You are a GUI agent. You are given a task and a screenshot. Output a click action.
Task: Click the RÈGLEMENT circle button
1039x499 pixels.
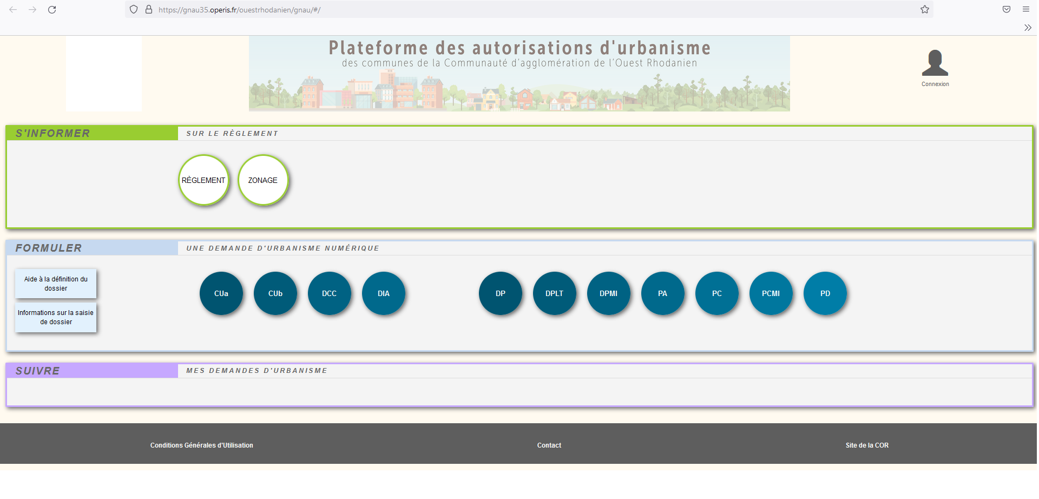(203, 180)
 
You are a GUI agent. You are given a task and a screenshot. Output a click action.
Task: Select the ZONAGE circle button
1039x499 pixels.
(263, 180)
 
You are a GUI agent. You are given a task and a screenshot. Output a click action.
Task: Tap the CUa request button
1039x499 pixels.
(221, 293)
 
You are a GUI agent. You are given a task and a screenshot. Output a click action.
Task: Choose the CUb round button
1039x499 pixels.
(275, 293)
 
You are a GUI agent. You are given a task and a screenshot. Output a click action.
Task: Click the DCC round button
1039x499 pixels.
(330, 293)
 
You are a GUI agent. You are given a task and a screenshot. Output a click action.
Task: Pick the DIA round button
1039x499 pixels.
(384, 293)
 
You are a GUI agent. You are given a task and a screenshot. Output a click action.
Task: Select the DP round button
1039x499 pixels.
(501, 293)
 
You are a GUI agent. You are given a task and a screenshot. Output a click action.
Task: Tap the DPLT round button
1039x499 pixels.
(555, 293)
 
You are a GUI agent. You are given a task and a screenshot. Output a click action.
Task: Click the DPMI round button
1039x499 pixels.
(609, 293)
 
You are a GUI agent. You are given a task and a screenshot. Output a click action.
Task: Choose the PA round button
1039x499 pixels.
(663, 293)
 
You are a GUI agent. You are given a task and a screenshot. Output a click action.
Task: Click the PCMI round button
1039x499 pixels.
(771, 293)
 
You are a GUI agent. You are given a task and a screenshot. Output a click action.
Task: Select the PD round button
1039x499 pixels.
(825, 293)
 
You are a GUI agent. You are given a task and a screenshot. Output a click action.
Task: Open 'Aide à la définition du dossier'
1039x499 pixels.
(56, 284)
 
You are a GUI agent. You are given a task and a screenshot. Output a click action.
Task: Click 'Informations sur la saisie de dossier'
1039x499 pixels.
(56, 317)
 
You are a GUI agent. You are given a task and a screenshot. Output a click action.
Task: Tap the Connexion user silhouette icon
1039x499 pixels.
(935, 63)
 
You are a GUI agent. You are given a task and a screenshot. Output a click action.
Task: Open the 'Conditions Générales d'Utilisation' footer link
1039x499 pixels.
(202, 445)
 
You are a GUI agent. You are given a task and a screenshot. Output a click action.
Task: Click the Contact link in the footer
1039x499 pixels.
(549, 445)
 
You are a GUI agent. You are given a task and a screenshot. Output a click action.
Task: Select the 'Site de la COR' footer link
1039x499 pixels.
(867, 445)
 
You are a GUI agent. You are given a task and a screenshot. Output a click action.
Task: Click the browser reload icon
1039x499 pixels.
(52, 10)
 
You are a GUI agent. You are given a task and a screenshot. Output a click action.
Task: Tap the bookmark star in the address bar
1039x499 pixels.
(925, 9)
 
